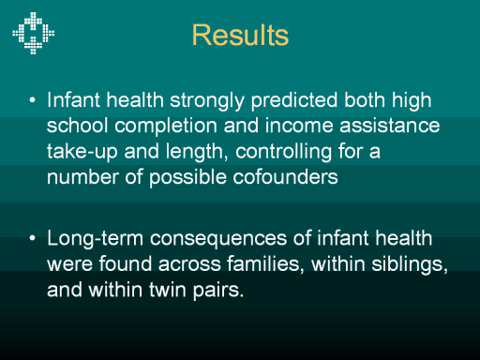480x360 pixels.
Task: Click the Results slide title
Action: point(240,35)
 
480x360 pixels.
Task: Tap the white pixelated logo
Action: point(33,33)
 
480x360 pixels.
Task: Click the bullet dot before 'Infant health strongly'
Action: point(32,100)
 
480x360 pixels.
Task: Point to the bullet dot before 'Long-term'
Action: point(32,238)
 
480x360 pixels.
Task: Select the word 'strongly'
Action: point(207,101)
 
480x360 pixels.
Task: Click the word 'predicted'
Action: point(294,101)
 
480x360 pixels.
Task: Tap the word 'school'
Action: point(78,126)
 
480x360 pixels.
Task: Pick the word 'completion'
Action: point(166,127)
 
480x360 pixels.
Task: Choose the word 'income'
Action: point(299,126)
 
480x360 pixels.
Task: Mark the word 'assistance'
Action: point(390,126)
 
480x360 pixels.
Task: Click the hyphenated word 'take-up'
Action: point(82,152)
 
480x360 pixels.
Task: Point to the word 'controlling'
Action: point(283,152)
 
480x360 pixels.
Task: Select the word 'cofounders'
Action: point(285,177)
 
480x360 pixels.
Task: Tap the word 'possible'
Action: point(187,178)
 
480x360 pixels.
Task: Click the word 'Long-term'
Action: point(95,239)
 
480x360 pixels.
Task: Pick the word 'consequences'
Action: point(218,240)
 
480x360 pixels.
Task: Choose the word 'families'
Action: point(265,264)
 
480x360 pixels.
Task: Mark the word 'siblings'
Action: point(410,264)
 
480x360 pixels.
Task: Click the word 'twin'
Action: point(168,290)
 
